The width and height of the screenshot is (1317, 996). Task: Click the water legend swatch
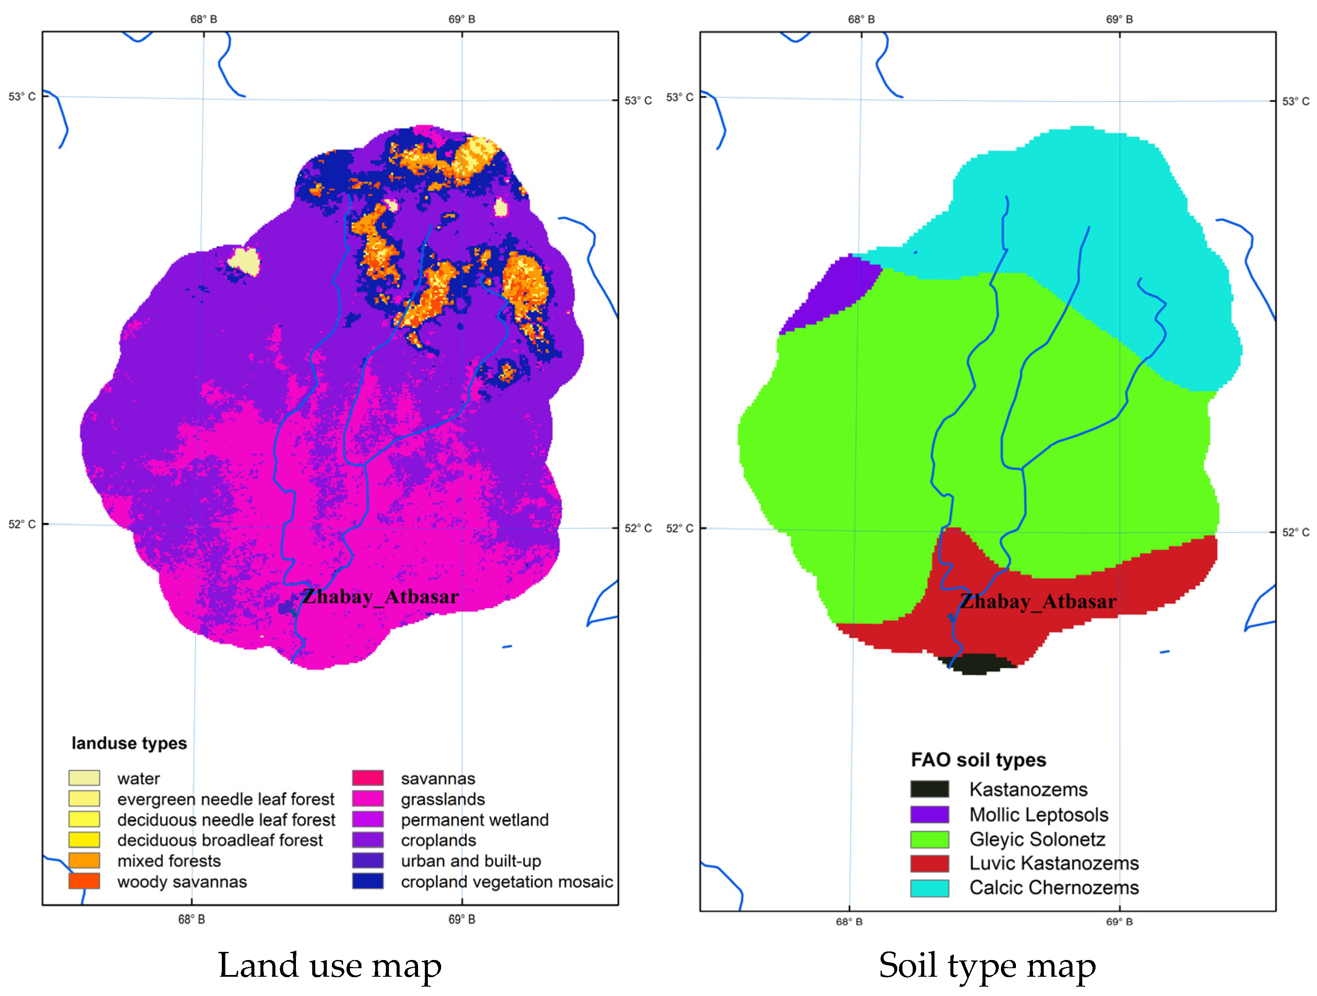(84, 778)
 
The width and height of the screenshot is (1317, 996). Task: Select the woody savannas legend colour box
(84, 881)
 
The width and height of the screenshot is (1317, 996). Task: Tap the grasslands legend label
(442, 799)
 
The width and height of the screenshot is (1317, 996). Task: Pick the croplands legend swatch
(367, 840)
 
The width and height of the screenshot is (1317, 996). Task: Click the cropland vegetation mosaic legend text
(507, 882)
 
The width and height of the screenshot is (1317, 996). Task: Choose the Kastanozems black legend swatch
(929, 790)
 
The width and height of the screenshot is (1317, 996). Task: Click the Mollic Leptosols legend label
(1038, 814)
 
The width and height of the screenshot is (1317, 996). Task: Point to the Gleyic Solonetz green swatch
(929, 839)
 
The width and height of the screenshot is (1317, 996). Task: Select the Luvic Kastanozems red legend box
(929, 863)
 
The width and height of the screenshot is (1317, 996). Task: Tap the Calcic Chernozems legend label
(1053, 888)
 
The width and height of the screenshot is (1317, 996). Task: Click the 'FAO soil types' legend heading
(978, 760)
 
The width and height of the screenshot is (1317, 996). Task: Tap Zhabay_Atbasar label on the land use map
(380, 596)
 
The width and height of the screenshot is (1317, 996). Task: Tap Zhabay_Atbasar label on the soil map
(1038, 601)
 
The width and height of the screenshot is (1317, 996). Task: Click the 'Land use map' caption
(329, 965)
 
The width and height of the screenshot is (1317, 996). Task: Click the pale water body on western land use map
(244, 261)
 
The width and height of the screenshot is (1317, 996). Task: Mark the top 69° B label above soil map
(1119, 19)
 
